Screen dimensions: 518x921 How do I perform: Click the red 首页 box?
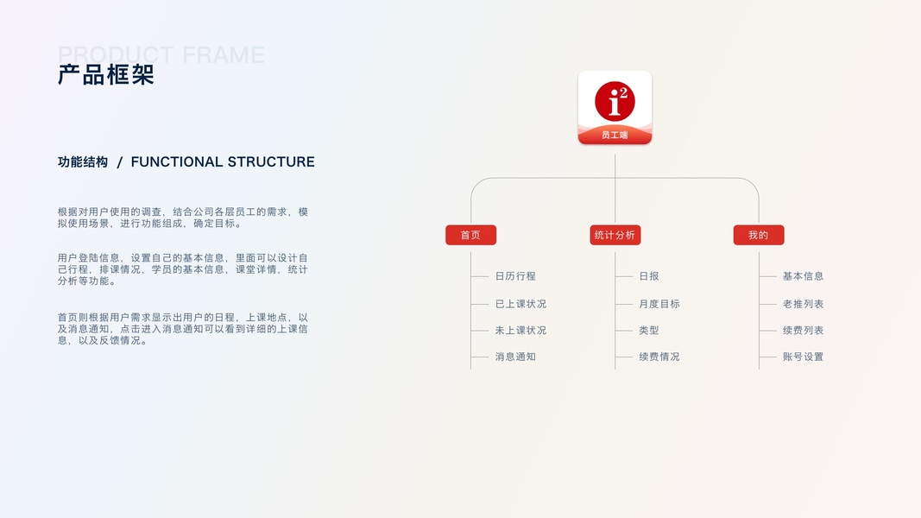coord(470,235)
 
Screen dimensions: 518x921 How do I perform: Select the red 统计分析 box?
coord(615,235)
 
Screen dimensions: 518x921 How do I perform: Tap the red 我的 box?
coord(758,235)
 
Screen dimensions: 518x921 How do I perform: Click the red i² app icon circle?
coord(615,102)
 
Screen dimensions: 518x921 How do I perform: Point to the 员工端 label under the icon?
coord(615,135)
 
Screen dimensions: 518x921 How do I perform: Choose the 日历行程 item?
coord(515,276)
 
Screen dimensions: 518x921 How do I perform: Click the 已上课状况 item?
coord(520,304)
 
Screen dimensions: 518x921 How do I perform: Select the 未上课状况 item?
coord(520,331)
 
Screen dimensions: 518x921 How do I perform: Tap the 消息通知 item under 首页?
coord(515,357)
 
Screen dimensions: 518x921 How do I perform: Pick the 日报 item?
coord(649,276)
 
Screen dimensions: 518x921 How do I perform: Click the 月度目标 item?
coord(659,304)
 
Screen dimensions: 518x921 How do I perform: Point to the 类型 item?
coord(649,331)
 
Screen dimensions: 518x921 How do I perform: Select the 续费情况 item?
coord(659,357)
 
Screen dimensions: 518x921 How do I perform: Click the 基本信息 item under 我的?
coord(803,276)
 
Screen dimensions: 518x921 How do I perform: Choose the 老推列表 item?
coord(803,304)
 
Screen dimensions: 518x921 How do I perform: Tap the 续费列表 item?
coord(803,331)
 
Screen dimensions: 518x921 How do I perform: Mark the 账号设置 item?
coord(803,357)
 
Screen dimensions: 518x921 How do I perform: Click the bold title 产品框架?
coord(105,75)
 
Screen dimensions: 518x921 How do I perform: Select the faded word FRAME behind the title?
coord(224,54)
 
